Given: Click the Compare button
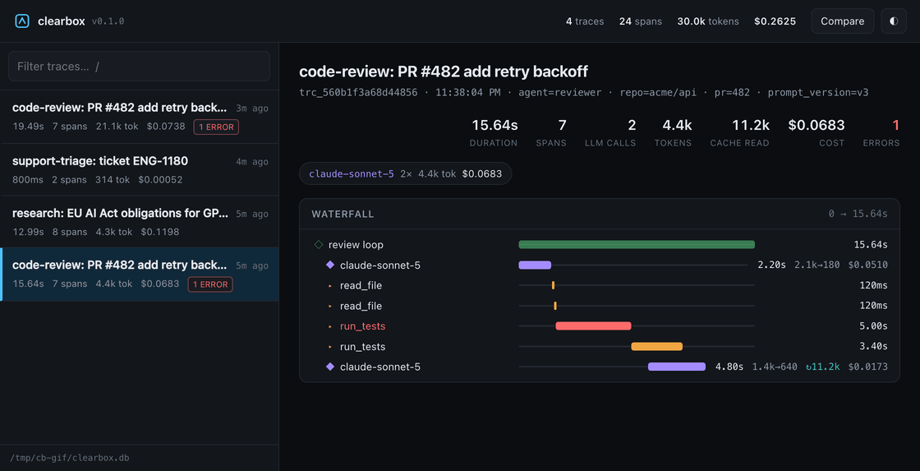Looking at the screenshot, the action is (x=843, y=21).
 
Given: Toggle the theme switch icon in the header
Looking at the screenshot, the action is (x=894, y=21).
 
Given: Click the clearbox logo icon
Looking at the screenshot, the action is (x=22, y=21).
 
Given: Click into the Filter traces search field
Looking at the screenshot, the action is (x=139, y=67).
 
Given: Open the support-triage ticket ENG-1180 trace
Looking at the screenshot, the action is (x=139, y=169).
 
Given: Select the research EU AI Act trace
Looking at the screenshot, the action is (x=139, y=221).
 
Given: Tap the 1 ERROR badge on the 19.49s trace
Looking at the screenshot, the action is (x=216, y=127).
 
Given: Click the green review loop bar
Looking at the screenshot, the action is (x=637, y=244).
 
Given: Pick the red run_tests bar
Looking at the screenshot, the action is (x=593, y=326).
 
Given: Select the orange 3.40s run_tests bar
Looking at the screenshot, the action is (x=656, y=347).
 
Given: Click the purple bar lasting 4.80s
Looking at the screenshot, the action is (x=677, y=367).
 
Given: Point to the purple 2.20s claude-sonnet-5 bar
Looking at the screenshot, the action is (x=535, y=265).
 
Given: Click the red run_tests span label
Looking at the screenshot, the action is (x=362, y=326).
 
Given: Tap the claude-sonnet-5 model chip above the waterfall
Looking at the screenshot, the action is (x=406, y=173).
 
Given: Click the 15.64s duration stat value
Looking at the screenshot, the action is (x=494, y=125).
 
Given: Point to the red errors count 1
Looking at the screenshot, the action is (x=896, y=125).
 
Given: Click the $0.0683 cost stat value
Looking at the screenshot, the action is (x=816, y=125).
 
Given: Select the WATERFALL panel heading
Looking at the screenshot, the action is (x=343, y=214).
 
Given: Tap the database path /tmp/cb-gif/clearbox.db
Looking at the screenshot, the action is (x=70, y=458).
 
